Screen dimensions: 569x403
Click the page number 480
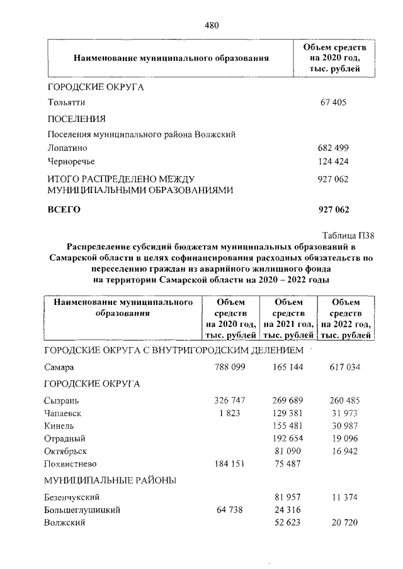211,26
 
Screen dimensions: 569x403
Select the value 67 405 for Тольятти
334,102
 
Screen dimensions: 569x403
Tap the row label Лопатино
67,148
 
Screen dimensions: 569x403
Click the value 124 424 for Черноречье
334,162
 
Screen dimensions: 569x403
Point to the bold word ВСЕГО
64,209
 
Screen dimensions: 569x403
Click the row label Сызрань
61,400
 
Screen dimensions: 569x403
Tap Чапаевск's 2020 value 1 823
232,413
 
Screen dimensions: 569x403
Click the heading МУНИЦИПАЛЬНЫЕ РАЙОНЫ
110,481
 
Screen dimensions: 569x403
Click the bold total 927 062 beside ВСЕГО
334,209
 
